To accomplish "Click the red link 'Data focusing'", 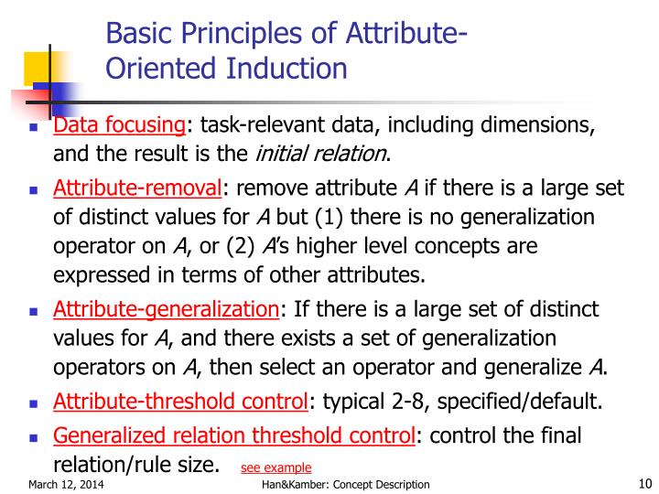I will click(x=119, y=126).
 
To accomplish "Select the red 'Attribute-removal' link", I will click(x=137, y=189).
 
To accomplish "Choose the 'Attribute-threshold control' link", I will click(x=179, y=401).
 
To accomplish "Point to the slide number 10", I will click(x=641, y=484).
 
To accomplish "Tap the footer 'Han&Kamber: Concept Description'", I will click(x=345, y=485).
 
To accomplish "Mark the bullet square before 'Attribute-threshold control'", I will click(x=33, y=403).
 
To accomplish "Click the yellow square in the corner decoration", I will click(x=36, y=67).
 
